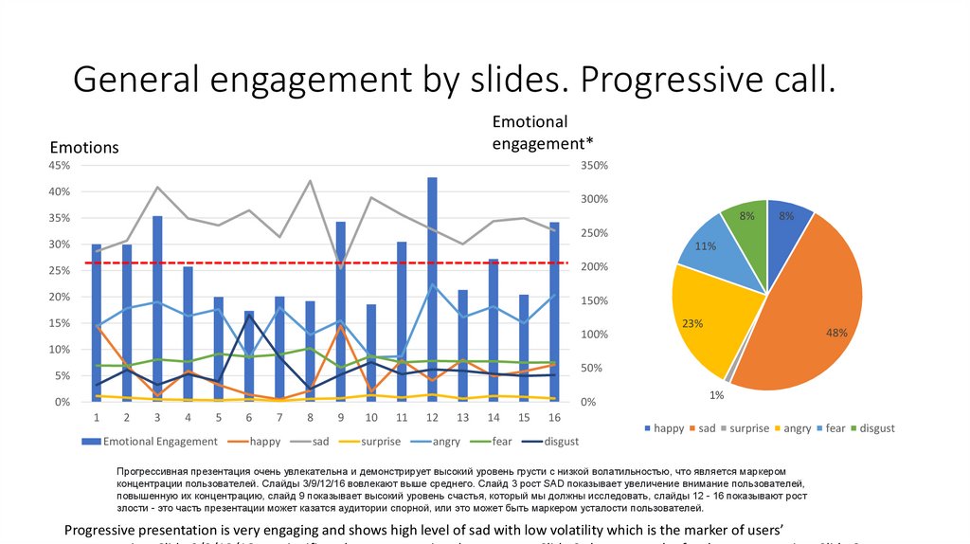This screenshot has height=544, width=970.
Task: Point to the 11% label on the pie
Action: (x=705, y=246)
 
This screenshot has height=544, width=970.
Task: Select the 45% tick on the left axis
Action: (x=59, y=165)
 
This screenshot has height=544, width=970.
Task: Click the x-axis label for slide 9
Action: (x=340, y=418)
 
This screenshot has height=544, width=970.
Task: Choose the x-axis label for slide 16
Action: (x=554, y=418)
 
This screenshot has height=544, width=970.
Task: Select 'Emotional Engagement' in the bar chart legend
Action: (x=160, y=441)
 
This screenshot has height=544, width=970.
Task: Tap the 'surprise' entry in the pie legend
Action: (x=752, y=428)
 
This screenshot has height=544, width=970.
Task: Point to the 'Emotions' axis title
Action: (x=84, y=147)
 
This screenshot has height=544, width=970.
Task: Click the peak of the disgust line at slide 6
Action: (x=249, y=316)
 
